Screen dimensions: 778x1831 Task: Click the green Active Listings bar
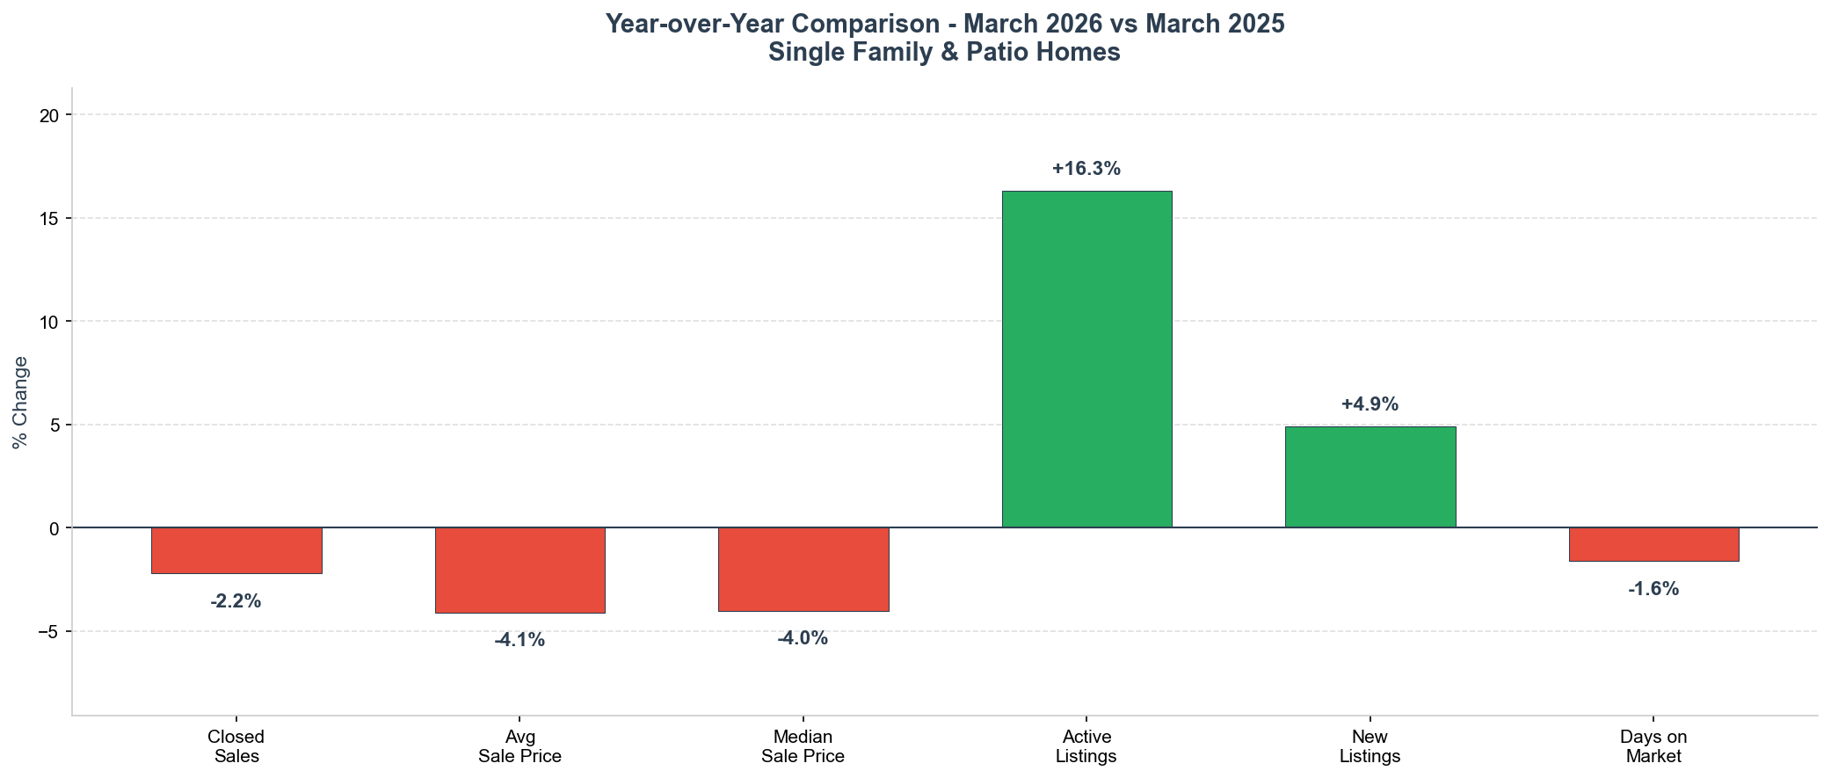(x=1086, y=359)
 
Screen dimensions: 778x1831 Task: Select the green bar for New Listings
(x=1370, y=476)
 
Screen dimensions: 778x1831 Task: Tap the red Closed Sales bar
(x=236, y=550)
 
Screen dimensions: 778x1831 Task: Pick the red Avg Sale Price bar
(x=520, y=570)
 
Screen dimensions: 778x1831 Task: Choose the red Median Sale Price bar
(x=803, y=569)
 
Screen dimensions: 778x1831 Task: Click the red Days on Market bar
(x=1653, y=544)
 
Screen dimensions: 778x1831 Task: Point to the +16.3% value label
(x=1086, y=169)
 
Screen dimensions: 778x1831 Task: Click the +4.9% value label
(x=1370, y=404)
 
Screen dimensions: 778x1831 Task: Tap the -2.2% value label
(x=236, y=602)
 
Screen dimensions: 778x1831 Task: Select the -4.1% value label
(x=520, y=640)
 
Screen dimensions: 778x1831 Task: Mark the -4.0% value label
(x=803, y=638)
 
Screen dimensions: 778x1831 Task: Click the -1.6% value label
(x=1653, y=589)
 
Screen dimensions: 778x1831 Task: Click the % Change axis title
(x=20, y=402)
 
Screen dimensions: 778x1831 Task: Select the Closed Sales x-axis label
(x=236, y=746)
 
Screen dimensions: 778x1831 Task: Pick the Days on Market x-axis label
(x=1653, y=746)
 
